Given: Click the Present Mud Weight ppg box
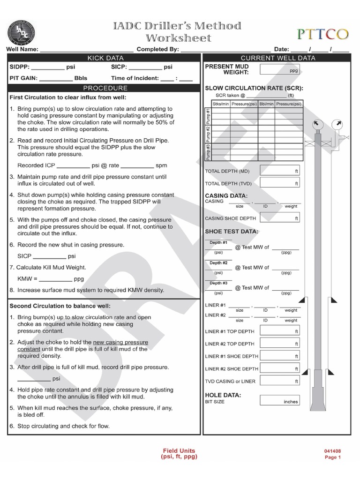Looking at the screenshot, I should (279, 70).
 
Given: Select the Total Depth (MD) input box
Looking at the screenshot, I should (279, 171).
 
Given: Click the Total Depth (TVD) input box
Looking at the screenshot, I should (279, 183).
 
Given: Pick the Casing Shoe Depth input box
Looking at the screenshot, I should (279, 218).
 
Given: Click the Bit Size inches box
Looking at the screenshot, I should (279, 401).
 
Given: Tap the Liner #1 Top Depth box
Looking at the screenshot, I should (279, 331).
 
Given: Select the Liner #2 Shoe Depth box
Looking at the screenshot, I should (279, 369).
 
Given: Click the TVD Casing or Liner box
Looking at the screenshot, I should (279, 381).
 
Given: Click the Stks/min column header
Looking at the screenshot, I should (221, 104).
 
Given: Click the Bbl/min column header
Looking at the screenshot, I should (267, 104).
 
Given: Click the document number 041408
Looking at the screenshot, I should (332, 451).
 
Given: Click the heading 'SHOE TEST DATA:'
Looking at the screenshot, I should (232, 232).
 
